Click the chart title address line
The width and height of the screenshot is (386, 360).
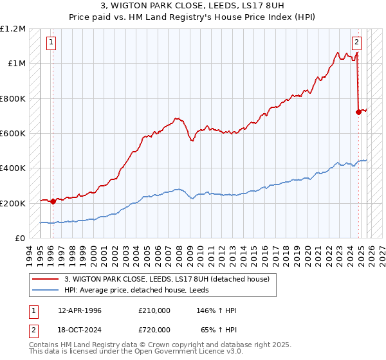(x=192, y=6)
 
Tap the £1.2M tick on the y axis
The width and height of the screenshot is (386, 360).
(x=13, y=29)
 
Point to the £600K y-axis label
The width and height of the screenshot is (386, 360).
(x=13, y=134)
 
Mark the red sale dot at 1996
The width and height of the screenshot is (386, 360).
(x=52, y=201)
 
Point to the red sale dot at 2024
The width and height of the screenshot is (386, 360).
(x=358, y=112)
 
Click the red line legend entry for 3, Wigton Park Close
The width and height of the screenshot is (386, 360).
(x=170, y=278)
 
